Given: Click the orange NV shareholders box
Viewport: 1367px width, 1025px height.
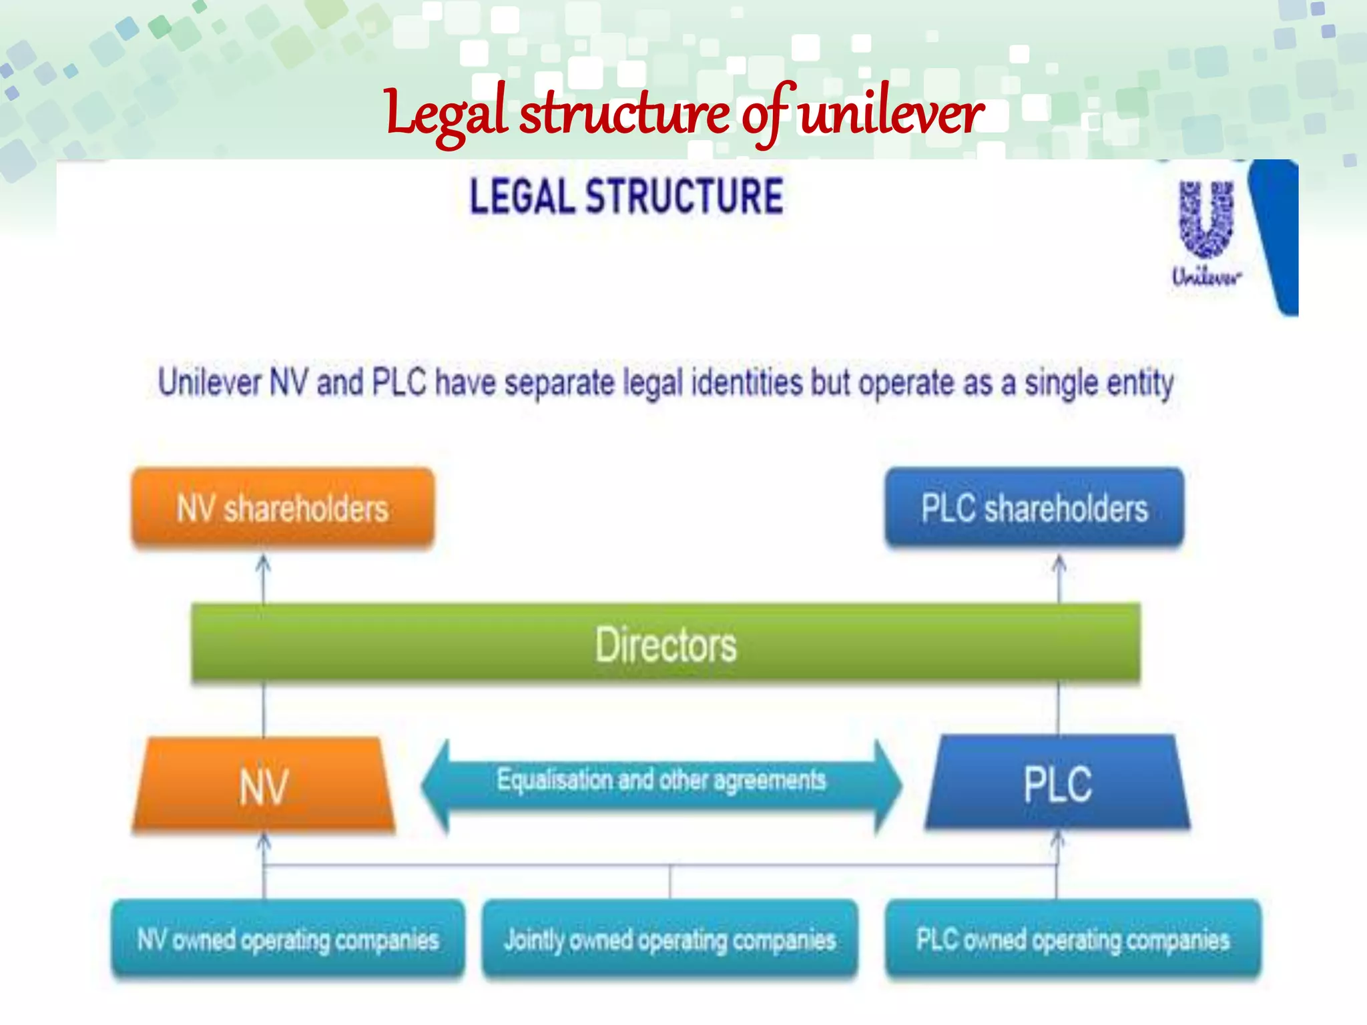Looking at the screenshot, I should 283,508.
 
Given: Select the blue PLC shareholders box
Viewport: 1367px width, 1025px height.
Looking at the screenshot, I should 1034,508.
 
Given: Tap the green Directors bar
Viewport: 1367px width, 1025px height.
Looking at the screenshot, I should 665,644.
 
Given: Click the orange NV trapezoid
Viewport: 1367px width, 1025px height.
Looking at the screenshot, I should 264,785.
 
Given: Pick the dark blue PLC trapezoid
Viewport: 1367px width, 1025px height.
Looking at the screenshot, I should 1057,783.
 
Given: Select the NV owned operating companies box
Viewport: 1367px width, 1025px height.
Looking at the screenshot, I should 288,940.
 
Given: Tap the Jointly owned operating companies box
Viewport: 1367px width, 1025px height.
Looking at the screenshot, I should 669,940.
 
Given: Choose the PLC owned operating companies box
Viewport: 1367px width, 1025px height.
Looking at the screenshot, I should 1073,940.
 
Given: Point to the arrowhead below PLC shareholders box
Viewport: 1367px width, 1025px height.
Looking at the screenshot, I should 1059,564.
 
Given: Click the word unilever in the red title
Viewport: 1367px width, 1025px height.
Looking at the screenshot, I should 891,113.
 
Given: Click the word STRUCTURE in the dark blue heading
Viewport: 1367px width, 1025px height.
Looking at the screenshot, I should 684,197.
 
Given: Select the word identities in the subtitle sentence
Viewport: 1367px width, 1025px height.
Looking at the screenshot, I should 747,383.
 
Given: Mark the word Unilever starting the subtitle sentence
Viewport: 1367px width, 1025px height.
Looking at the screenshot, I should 210,383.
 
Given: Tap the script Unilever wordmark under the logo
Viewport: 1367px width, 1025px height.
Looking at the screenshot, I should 1207,276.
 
